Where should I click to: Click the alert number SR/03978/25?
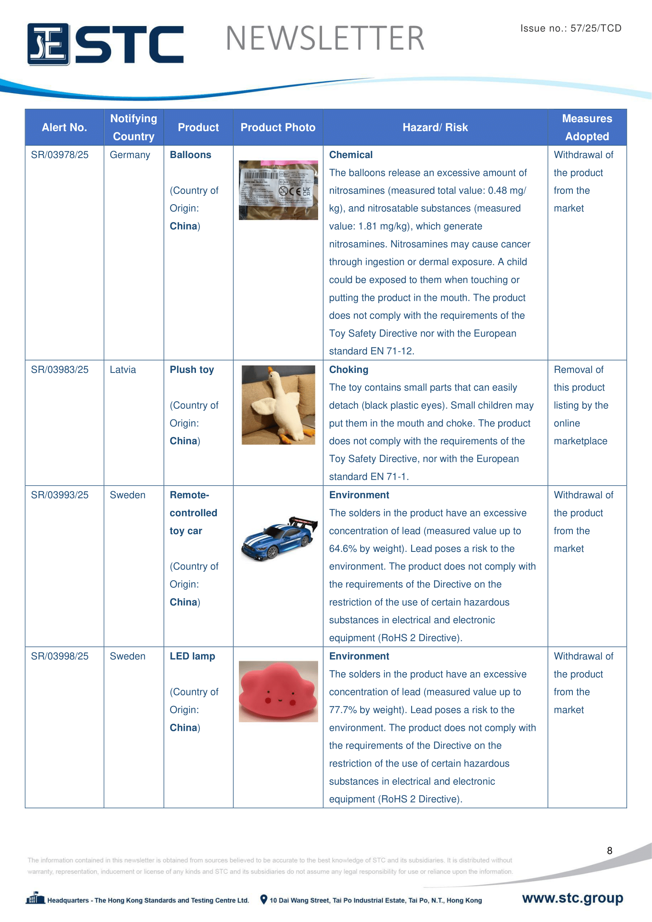(x=60, y=155)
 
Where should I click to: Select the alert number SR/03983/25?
(x=60, y=370)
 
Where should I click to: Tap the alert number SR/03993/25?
(x=60, y=495)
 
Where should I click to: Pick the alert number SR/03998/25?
(x=60, y=656)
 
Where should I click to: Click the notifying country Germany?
(x=130, y=155)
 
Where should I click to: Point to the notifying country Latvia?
(x=123, y=370)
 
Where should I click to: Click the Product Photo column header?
(x=278, y=128)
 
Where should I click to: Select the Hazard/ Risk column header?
(x=435, y=128)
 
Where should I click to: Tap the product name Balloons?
(x=190, y=155)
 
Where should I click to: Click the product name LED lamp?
(x=192, y=656)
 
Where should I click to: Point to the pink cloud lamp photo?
(x=278, y=691)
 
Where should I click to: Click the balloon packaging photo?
(x=278, y=190)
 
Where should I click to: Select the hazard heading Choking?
(x=348, y=370)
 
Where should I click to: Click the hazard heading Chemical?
(x=351, y=155)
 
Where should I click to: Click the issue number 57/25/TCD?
(x=596, y=28)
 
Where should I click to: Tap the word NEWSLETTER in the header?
(x=325, y=39)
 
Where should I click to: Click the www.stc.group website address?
(x=572, y=898)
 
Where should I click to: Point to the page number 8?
(x=609, y=851)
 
